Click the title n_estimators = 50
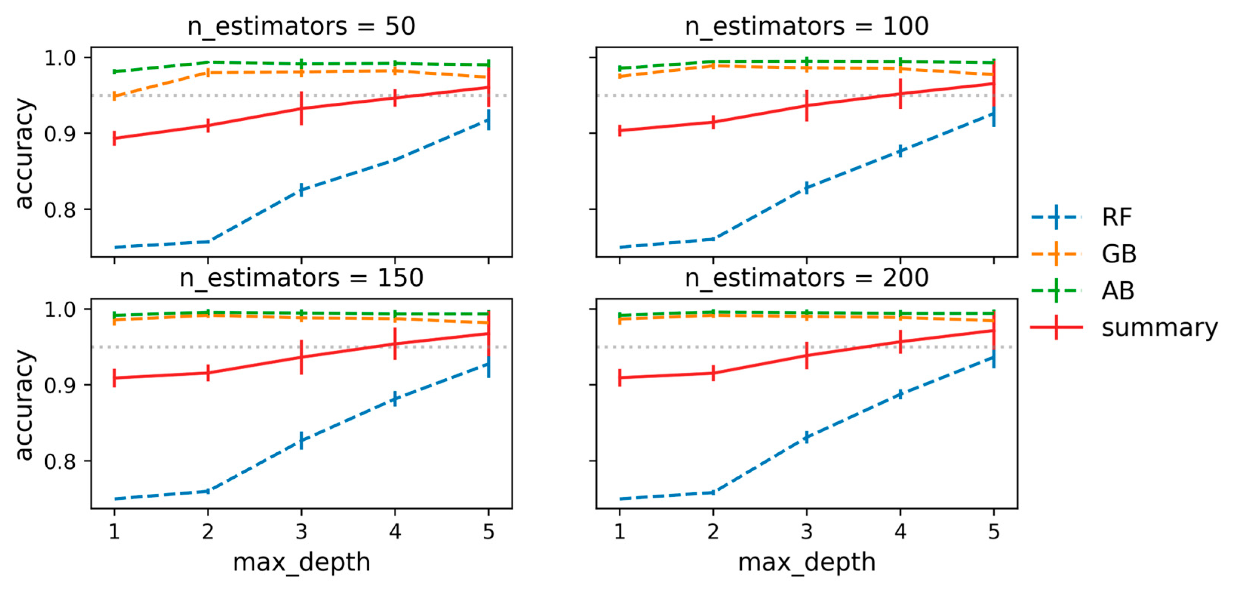pyautogui.click(x=301, y=26)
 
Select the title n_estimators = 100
pyautogui.click(x=807, y=26)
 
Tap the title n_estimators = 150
pyautogui.click(x=301, y=277)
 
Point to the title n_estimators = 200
pyautogui.click(x=807, y=277)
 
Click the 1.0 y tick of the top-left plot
pyautogui.click(x=60, y=58)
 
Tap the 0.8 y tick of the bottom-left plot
pyautogui.click(x=60, y=461)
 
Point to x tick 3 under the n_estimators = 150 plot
pyautogui.click(x=301, y=532)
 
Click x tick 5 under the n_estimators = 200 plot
pyautogui.click(x=994, y=532)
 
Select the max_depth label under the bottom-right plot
pyautogui.click(x=807, y=562)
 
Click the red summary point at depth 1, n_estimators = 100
pyautogui.click(x=620, y=130)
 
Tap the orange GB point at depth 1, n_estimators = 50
pyautogui.click(x=114, y=96)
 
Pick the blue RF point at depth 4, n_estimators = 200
pyautogui.click(x=900, y=394)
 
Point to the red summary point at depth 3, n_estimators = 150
pyautogui.click(x=301, y=357)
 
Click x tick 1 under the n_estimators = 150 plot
pyautogui.click(x=114, y=532)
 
